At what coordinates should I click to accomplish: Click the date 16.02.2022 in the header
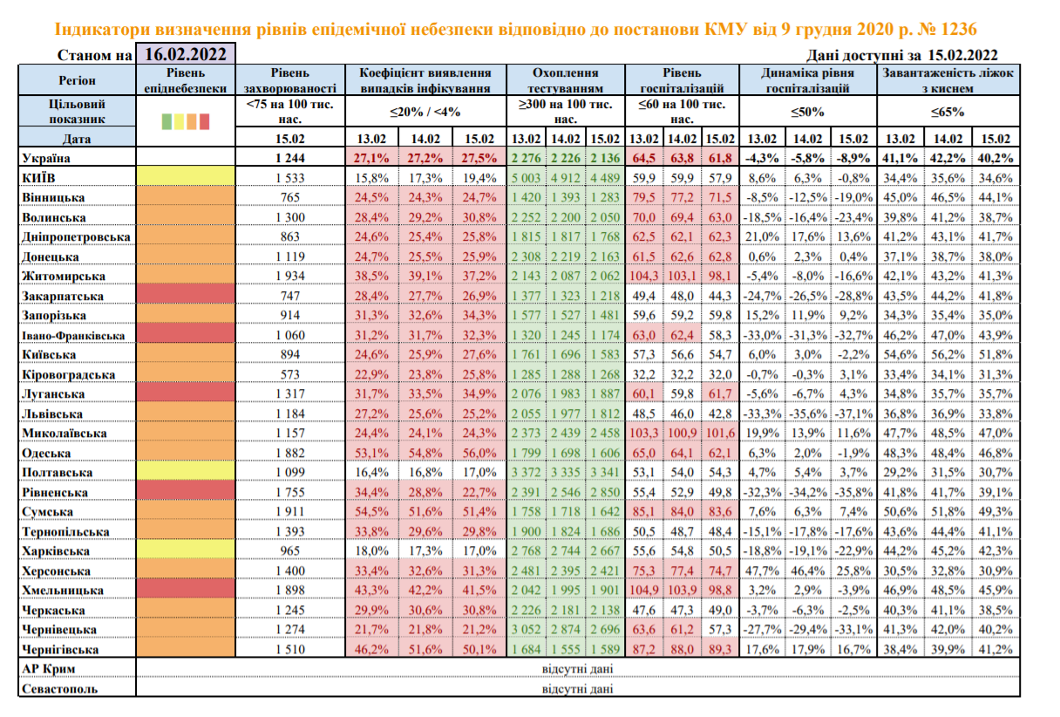pos(187,54)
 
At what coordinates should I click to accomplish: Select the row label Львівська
pos(53,413)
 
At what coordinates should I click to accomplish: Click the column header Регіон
pos(71,80)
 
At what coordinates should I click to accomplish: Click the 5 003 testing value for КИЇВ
pos(526,178)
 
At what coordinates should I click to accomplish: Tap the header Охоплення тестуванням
pos(566,80)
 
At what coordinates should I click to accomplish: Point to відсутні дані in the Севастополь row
pos(577,688)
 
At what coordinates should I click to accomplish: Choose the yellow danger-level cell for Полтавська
pos(186,473)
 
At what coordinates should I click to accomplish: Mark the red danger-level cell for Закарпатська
pos(186,296)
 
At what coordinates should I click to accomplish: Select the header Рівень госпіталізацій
pos(683,80)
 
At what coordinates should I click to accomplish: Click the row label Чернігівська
pos(60,649)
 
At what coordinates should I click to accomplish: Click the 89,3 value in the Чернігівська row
pos(721,649)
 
